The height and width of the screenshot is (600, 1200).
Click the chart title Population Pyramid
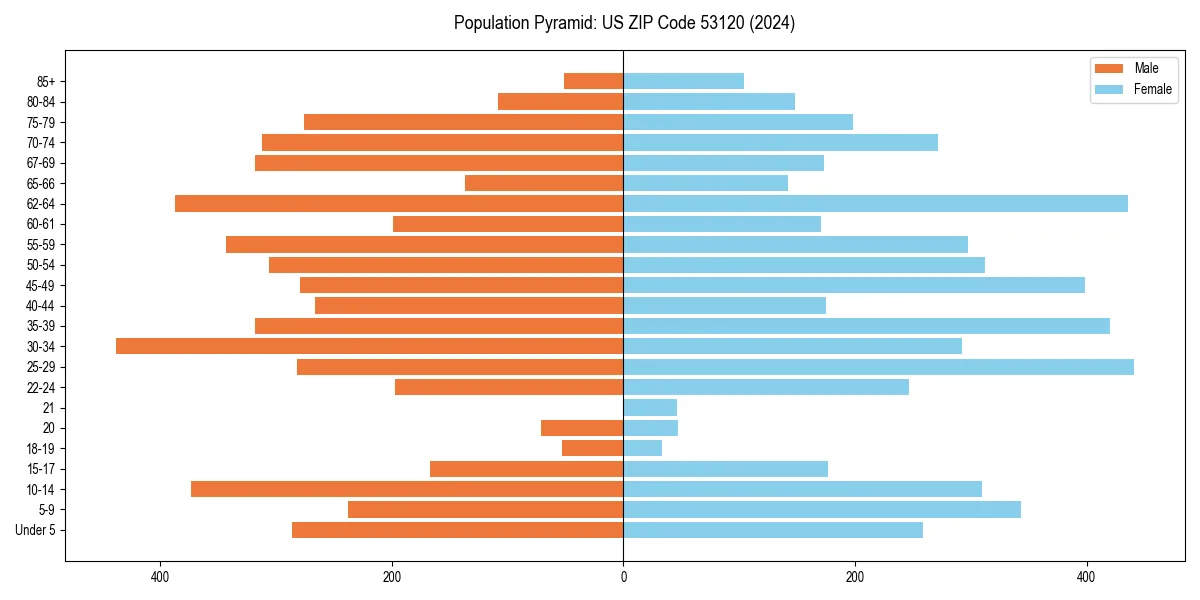click(x=624, y=23)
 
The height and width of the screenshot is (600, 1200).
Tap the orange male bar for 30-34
click(x=370, y=346)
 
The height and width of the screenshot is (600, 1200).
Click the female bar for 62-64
click(x=875, y=204)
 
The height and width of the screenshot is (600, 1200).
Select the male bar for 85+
click(x=594, y=81)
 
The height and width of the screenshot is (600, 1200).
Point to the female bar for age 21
click(x=650, y=408)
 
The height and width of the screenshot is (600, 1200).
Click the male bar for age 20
click(x=582, y=428)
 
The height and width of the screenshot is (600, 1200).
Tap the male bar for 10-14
click(x=407, y=489)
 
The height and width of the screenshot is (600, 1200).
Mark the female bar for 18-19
click(x=643, y=449)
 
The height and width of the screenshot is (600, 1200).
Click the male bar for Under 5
click(x=458, y=530)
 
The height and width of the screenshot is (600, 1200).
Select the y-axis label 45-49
click(x=41, y=285)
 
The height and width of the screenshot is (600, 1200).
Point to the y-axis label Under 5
click(x=36, y=530)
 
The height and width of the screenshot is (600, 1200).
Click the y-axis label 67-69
click(x=41, y=163)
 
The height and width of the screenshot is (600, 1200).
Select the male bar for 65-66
click(x=544, y=183)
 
